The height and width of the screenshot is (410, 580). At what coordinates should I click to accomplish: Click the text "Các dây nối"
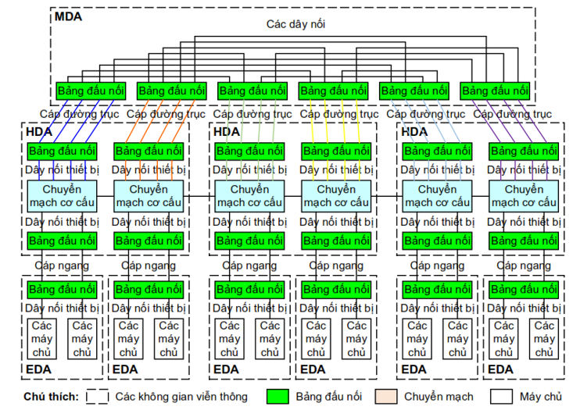pyautogui.click(x=295, y=24)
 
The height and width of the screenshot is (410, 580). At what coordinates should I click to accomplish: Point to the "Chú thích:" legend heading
pyautogui.click(x=51, y=397)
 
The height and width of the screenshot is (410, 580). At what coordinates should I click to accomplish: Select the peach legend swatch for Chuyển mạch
pyautogui.click(x=388, y=397)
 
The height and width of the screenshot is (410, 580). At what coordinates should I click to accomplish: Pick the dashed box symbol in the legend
pyautogui.click(x=97, y=397)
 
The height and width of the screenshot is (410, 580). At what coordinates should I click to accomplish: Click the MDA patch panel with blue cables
pyautogui.click(x=90, y=91)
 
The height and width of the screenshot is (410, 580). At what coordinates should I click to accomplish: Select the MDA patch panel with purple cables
pyautogui.click(x=495, y=91)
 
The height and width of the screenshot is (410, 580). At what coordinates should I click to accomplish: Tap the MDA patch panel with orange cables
pyautogui.click(x=171, y=91)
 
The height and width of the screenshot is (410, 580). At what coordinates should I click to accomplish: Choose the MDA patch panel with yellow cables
pyautogui.click(x=333, y=91)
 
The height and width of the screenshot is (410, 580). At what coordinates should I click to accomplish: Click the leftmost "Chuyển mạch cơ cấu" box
pyautogui.click(x=62, y=195)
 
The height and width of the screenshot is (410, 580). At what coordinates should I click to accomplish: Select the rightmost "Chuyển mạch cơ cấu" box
pyautogui.click(x=524, y=195)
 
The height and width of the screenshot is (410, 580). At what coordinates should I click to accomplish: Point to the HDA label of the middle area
pyautogui.click(x=227, y=132)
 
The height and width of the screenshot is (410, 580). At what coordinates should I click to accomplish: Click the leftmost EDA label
pyautogui.click(x=39, y=369)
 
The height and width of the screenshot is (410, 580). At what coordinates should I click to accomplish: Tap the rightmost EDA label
pyautogui.click(x=501, y=369)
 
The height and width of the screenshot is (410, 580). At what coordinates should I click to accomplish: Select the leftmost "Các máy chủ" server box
pyautogui.click(x=43, y=339)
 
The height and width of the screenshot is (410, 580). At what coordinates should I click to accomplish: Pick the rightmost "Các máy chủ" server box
pyautogui.click(x=545, y=339)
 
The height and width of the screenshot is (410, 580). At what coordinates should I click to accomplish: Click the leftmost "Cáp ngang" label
pyautogui.click(x=61, y=266)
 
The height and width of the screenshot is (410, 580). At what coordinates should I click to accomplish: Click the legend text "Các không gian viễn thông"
pyautogui.click(x=181, y=397)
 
